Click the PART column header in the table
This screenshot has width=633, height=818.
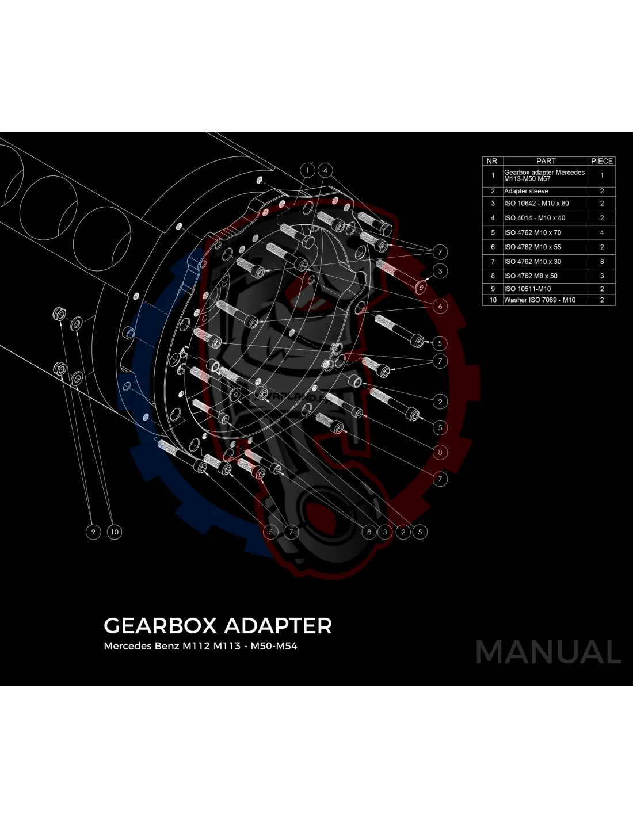(546, 161)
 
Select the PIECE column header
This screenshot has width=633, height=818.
(602, 161)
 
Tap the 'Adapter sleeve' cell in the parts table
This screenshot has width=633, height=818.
(526, 191)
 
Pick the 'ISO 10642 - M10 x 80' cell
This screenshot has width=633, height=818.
(536, 203)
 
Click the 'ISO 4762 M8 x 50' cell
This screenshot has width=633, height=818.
(531, 276)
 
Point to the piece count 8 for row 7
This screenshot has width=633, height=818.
(602, 261)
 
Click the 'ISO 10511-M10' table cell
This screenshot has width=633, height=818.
(527, 289)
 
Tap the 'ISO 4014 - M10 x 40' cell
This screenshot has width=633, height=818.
(535, 218)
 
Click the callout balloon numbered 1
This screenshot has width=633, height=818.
(308, 170)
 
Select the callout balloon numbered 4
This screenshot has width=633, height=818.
(325, 170)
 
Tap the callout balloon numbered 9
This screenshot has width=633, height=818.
(93, 532)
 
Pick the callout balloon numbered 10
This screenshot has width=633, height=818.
(115, 532)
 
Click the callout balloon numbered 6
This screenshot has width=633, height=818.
(440, 306)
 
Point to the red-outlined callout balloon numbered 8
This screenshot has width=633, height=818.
(440, 452)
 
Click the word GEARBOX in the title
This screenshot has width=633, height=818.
(160, 626)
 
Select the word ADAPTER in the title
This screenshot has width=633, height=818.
(277, 626)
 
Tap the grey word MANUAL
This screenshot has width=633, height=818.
(548, 652)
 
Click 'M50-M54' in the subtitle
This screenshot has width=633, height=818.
(273, 646)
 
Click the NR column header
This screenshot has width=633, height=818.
(492, 161)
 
